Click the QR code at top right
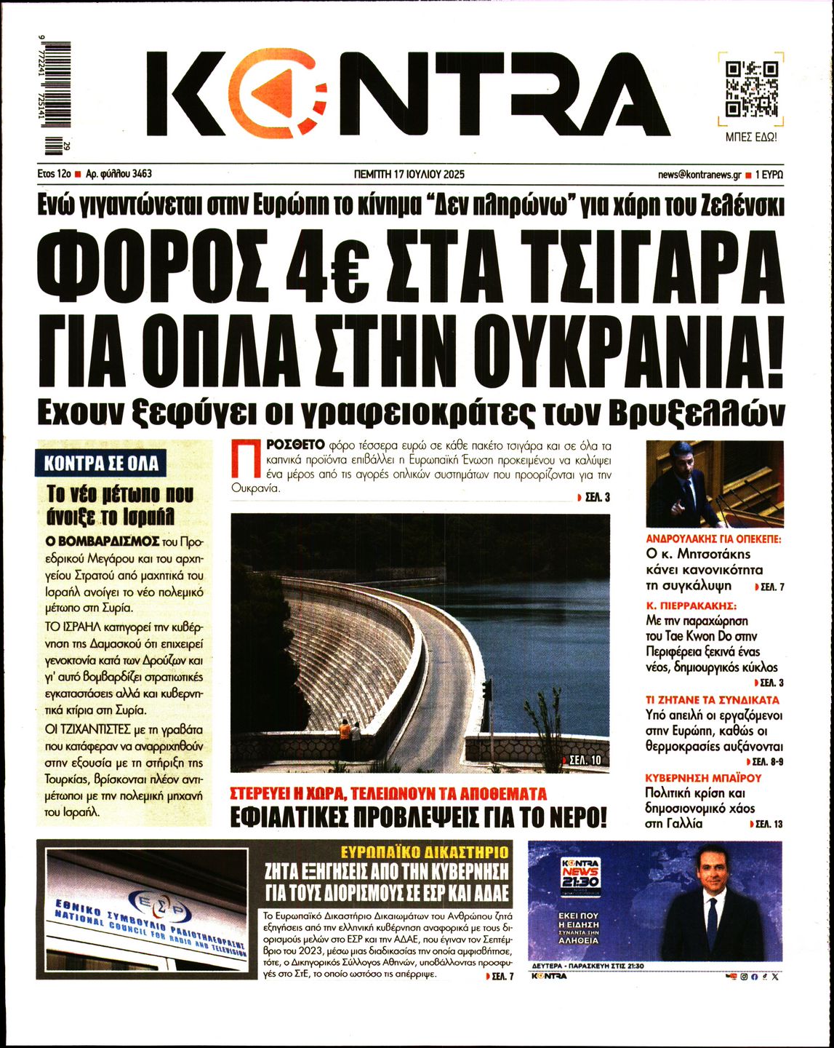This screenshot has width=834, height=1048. pyautogui.click(x=752, y=90)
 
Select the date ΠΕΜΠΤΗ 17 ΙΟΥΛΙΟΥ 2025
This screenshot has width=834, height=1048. pyautogui.click(x=409, y=175)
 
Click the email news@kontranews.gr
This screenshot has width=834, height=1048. pyautogui.click(x=699, y=175)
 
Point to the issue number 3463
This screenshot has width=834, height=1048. pyautogui.click(x=143, y=175)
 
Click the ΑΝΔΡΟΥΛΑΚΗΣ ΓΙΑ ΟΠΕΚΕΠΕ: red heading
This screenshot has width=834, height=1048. pyautogui.click(x=714, y=539)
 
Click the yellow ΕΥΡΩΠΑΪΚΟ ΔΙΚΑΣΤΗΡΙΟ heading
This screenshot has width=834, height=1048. pyautogui.click(x=425, y=851)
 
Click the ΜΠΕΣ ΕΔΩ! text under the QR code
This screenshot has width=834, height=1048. pyautogui.click(x=752, y=137)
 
